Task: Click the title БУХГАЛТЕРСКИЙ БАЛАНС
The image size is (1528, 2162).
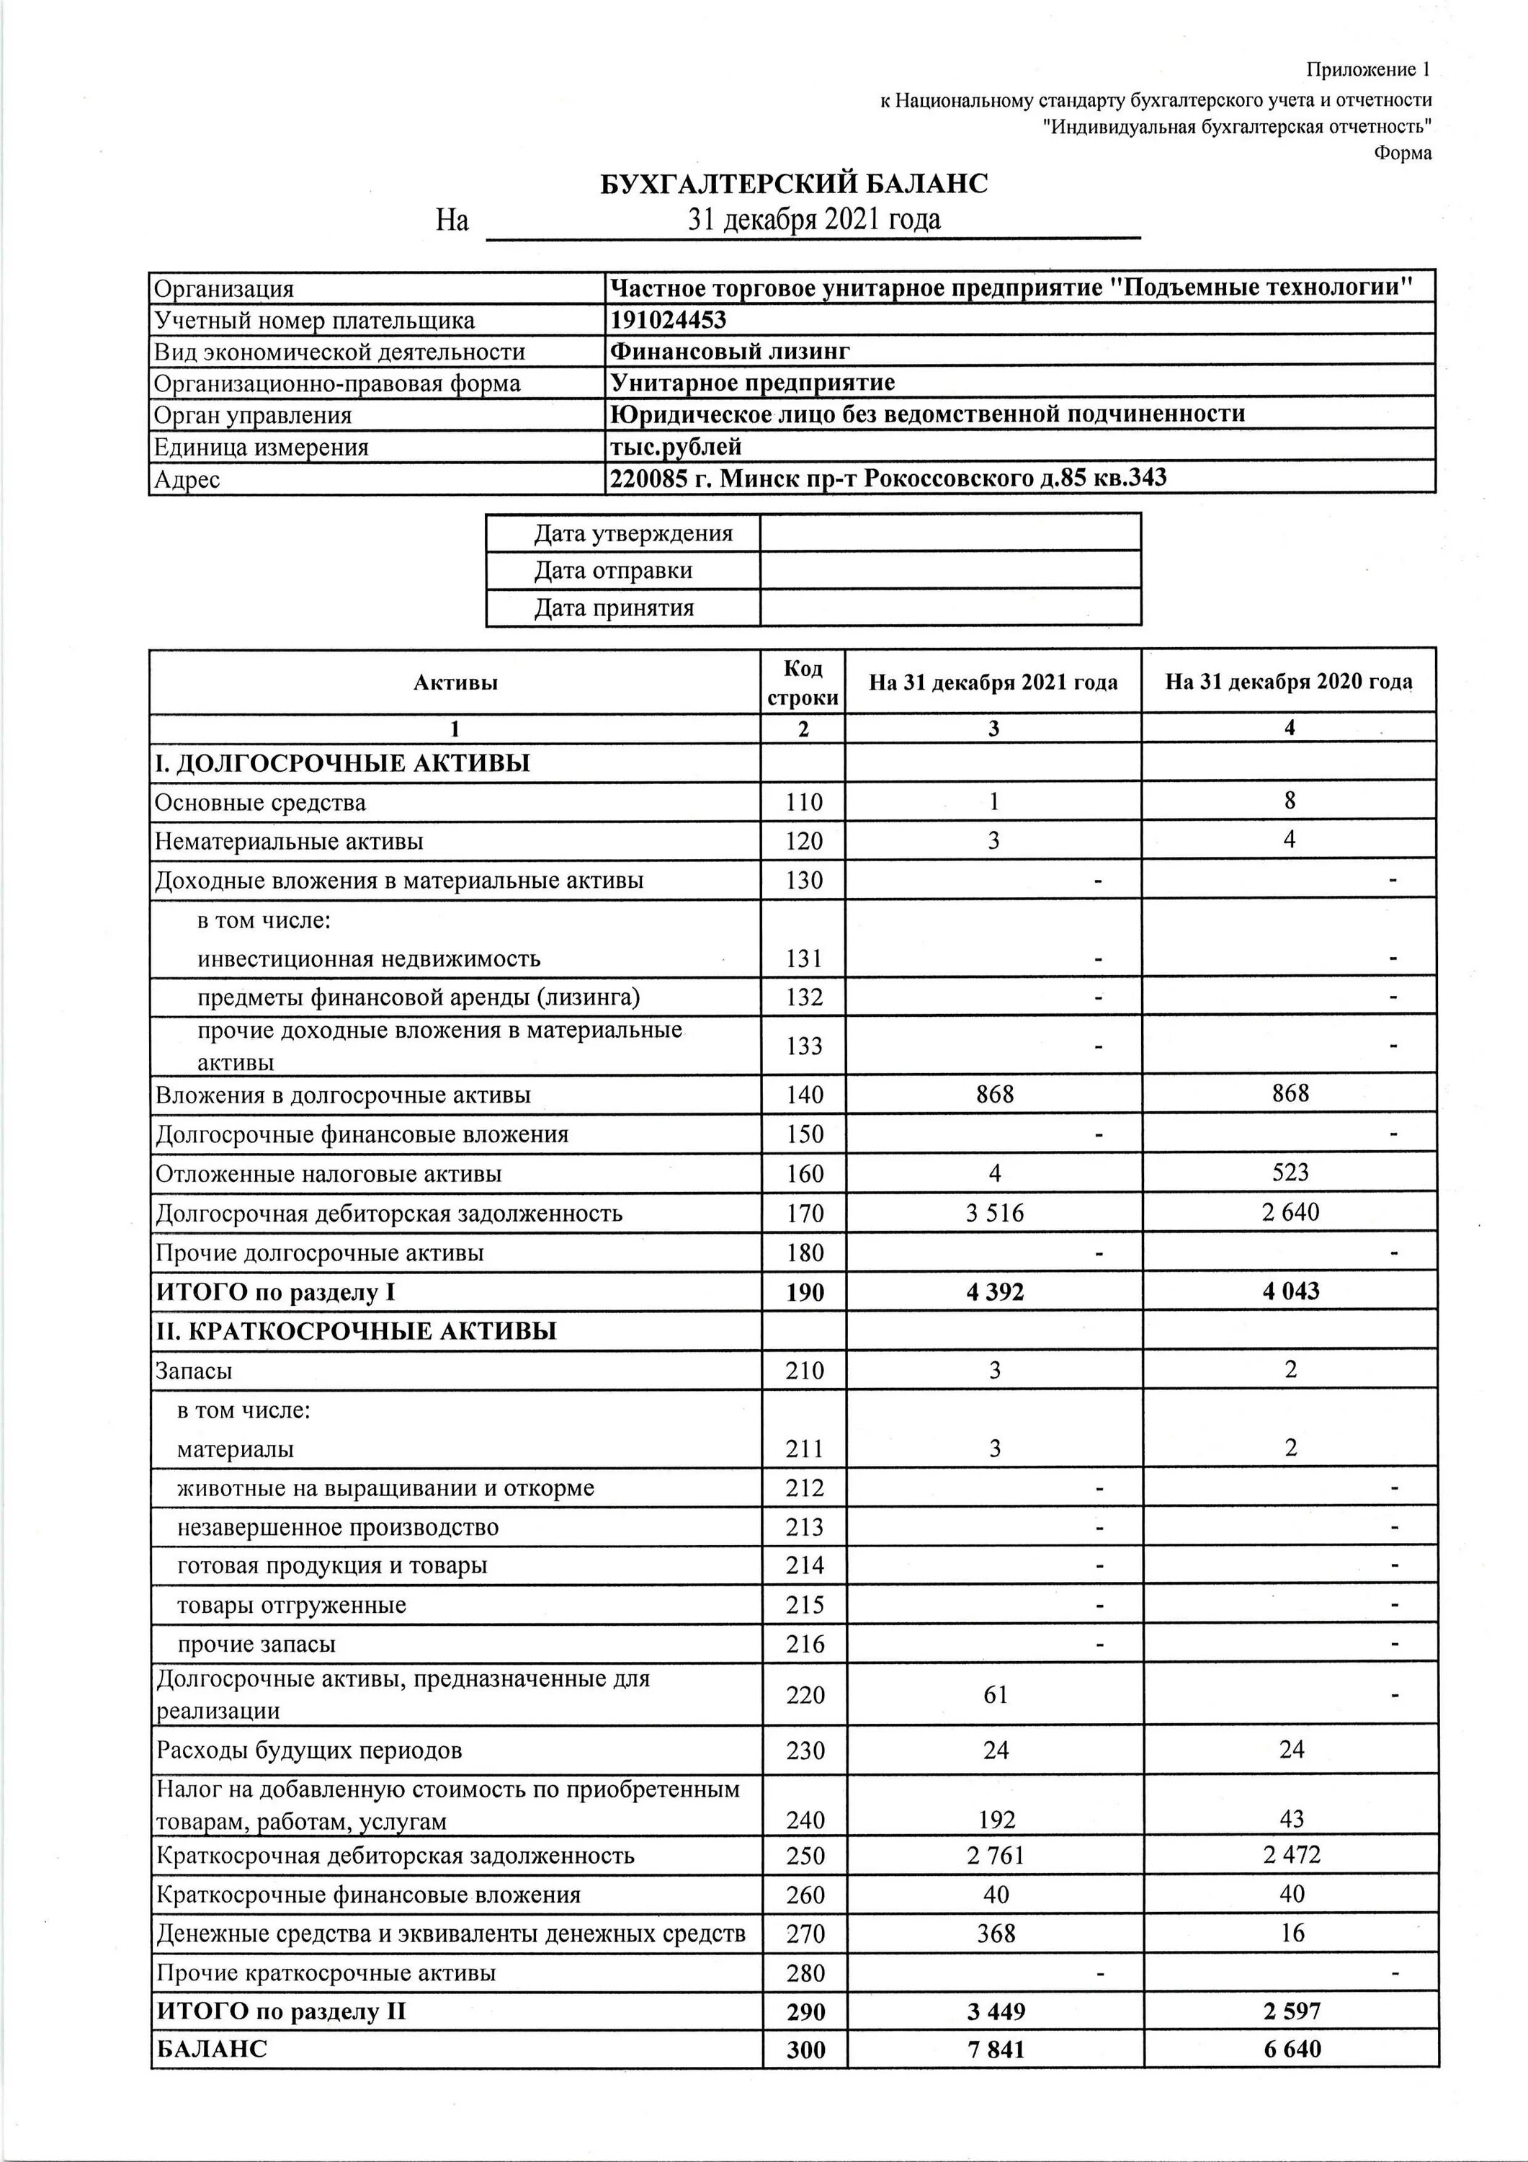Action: pos(795,184)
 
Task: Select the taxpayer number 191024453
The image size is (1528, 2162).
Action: pos(669,320)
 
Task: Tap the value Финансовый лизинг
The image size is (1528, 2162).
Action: pos(730,351)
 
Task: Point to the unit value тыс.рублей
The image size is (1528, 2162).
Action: pos(676,445)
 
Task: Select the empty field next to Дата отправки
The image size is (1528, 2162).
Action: pos(950,570)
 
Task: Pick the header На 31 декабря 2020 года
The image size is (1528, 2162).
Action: pos(1289,682)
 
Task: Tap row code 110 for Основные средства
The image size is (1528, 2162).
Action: pos(804,802)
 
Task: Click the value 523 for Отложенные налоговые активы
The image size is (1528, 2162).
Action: pos(1290,1173)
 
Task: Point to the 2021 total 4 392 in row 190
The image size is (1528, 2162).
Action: pos(994,1292)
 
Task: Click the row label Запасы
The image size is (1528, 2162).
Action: pos(194,1371)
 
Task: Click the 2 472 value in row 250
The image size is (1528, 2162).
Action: pos(1291,1855)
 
